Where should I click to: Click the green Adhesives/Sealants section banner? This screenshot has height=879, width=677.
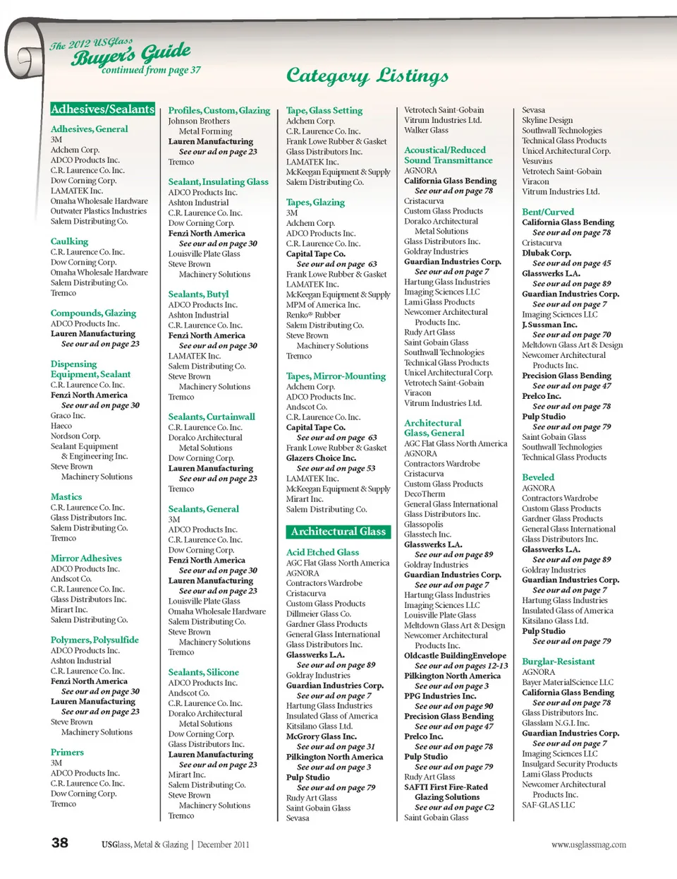pos(102,109)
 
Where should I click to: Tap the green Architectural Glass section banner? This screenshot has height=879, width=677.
pos(338,532)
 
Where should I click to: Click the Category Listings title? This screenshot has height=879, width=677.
pos(367,76)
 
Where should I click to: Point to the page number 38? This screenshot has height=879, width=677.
pos(60,842)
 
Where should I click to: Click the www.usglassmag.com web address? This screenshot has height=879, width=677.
pos(588,844)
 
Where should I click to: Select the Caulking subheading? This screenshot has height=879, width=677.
pos(69,241)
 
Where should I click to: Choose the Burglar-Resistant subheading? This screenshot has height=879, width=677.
pos(558,662)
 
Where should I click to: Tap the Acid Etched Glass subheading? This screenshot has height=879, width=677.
pos(322,552)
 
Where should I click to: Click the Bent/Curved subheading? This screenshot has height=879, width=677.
pos(548,212)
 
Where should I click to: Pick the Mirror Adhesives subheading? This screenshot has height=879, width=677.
pos(86,558)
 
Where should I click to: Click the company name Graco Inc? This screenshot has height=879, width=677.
pos(68,416)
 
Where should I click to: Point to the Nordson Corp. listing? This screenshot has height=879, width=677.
pos(75,436)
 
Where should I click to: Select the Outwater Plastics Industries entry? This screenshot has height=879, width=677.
pos(99,211)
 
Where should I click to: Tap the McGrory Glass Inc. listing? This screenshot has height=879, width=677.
pos(321,736)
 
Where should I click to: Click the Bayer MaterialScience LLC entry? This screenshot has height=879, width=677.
pos(568,683)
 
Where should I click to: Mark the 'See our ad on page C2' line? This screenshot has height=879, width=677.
pos(454,808)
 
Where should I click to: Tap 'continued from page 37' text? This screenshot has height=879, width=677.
pos(151,71)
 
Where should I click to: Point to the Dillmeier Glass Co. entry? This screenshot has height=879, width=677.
pos(318,614)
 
